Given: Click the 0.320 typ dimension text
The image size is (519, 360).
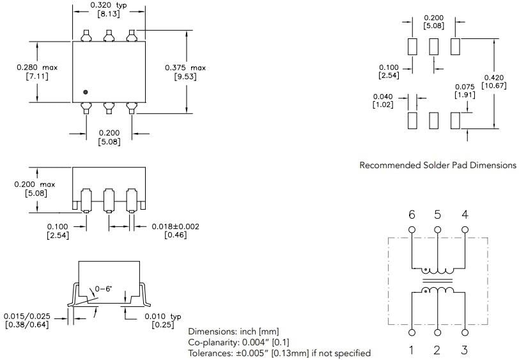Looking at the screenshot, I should pyautogui.click(x=109, y=4).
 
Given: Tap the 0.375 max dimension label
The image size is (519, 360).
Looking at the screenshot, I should pyautogui.click(x=185, y=68).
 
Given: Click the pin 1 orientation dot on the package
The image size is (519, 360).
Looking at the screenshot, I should pyautogui.click(x=85, y=92).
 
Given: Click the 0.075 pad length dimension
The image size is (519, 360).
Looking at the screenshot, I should pyautogui.click(x=465, y=87).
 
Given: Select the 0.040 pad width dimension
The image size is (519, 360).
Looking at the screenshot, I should pyautogui.click(x=383, y=97).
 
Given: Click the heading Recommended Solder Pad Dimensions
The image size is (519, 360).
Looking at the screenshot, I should pyautogui.click(x=437, y=165).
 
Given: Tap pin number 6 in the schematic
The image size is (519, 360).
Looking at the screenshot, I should pyautogui.click(x=412, y=215).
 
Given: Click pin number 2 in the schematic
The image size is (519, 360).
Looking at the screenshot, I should pyautogui.click(x=438, y=350).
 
